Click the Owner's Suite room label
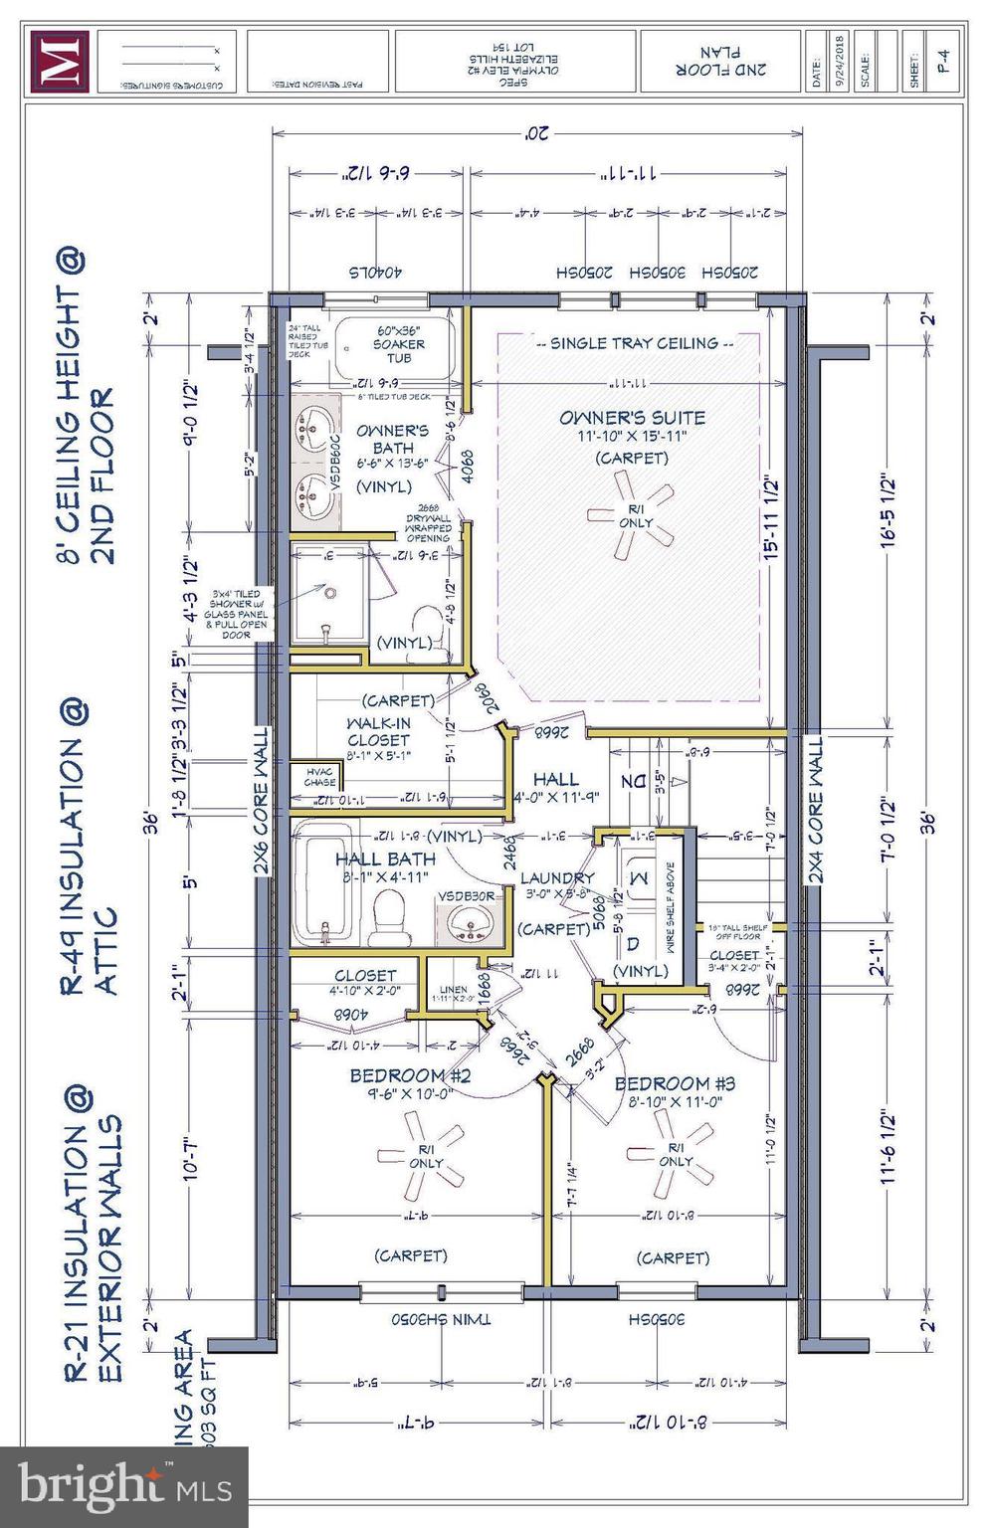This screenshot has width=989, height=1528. pos(632,419)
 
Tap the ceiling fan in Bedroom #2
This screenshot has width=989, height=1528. pos(424,1153)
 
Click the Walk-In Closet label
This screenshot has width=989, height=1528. pos(378,731)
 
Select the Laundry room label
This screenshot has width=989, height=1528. pos(557,877)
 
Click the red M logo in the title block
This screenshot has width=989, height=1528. pos(59,62)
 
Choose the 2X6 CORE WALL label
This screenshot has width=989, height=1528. pos(262,801)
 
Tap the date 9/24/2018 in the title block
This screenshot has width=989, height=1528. pos(841,62)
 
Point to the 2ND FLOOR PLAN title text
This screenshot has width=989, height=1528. pos(719,61)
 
